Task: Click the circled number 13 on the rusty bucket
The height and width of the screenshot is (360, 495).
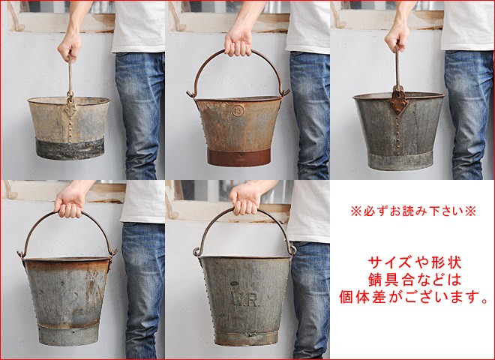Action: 238,110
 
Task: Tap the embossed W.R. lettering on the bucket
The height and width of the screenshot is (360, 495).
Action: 246,299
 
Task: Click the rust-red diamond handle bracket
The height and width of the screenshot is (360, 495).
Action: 398,101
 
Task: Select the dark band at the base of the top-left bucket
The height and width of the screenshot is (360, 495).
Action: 70,148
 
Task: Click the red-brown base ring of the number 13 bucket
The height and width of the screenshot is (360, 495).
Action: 239,157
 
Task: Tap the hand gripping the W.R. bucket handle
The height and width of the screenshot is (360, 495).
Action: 245,199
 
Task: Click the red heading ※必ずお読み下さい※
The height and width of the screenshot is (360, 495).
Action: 413,211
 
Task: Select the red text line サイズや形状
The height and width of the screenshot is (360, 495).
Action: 415,262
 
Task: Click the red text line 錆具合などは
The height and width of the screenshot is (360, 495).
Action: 415,280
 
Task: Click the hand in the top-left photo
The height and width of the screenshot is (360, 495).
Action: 70,46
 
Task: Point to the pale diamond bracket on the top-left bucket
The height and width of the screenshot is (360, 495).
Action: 70,109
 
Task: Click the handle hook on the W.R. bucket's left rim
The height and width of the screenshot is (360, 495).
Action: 196,252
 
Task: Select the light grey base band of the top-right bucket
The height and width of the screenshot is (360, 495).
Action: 400,160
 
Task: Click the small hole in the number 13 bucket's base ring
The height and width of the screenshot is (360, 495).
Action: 241,155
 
